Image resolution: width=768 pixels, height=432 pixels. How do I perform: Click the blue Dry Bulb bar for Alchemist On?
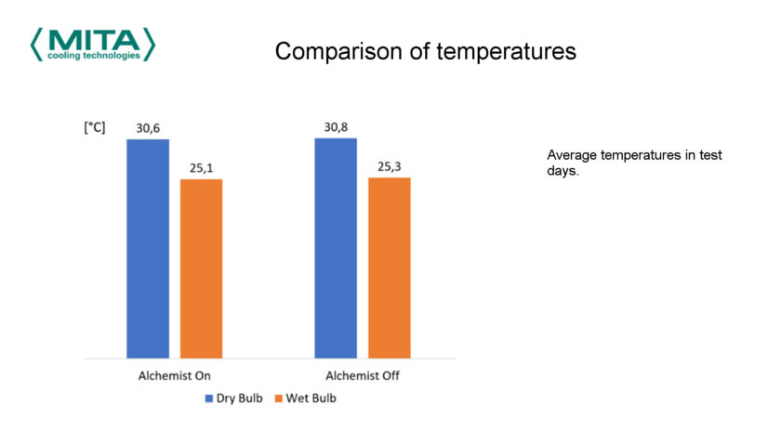coord(148,248)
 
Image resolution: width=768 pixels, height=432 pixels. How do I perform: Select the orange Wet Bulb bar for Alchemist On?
coord(201,268)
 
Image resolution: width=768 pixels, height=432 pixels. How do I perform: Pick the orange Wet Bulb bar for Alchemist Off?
coord(389,267)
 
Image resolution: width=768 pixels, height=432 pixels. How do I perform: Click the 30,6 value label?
coord(148,128)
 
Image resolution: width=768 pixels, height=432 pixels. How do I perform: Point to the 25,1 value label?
coord(201,168)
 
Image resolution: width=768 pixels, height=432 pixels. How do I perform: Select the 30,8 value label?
coord(336,127)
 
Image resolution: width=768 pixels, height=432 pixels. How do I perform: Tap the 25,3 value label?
coord(390,167)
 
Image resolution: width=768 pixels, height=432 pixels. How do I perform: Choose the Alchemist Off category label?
coord(362,376)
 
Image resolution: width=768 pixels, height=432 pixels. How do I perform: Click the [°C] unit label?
coord(94,128)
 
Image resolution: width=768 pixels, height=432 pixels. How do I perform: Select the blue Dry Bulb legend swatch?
coord(209,399)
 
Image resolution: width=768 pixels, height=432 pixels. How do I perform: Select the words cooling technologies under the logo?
coord(94,56)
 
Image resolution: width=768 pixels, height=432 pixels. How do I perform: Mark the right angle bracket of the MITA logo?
coord(150,43)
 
